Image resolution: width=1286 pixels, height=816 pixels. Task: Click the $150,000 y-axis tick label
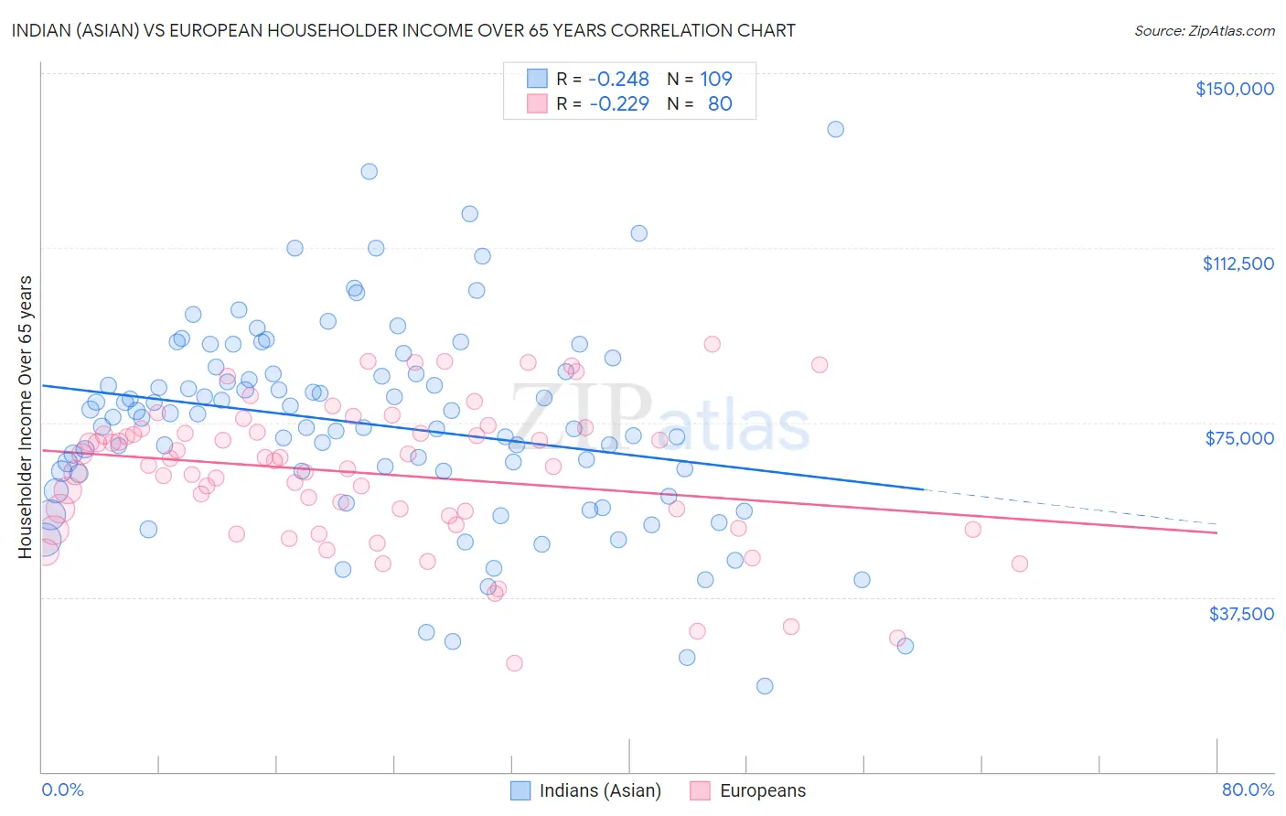[1234, 89]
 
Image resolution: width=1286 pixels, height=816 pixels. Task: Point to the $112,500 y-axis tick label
[1238, 263]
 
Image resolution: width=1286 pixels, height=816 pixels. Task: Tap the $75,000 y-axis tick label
[1239, 438]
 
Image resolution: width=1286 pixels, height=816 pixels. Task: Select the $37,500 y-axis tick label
[1241, 614]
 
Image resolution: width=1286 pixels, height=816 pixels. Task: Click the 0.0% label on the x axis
[62, 789]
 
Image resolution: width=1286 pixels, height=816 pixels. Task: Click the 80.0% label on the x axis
[1248, 789]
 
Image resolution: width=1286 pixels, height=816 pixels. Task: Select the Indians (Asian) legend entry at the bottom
[585, 790]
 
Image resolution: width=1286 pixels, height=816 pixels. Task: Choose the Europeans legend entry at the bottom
[749, 790]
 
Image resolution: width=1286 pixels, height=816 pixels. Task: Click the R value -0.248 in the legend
[618, 80]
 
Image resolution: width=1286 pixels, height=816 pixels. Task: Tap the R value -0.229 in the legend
[618, 104]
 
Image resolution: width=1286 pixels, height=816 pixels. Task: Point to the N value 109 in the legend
[716, 80]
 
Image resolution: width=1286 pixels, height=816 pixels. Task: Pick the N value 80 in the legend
[720, 104]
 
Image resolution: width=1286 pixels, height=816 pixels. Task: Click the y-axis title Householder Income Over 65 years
[26, 416]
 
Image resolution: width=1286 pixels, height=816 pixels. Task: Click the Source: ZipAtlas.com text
[1204, 31]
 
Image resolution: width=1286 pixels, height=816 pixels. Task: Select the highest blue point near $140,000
[835, 129]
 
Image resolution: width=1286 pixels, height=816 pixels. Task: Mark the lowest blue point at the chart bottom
[765, 686]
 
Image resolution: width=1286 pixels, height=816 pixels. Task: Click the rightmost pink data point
[1019, 564]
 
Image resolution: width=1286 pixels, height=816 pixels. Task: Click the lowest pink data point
[514, 663]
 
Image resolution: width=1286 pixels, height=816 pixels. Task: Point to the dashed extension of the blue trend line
[1070, 507]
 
